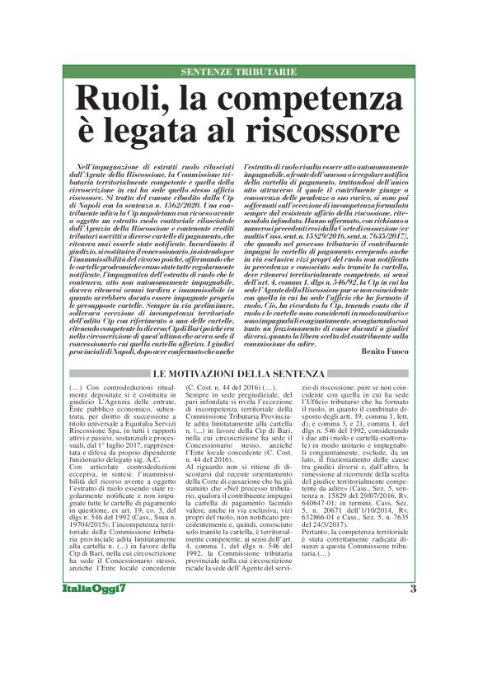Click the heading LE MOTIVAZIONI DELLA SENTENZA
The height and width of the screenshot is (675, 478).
pyautogui.click(x=239, y=375)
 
